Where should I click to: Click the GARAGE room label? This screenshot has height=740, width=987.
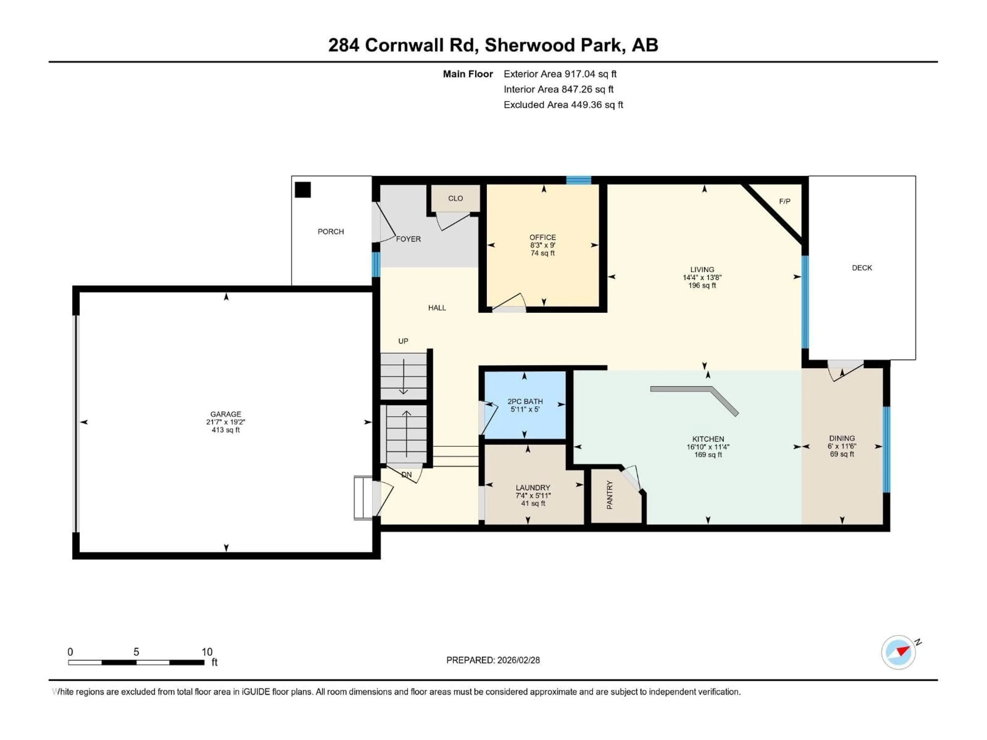pyautogui.click(x=226, y=414)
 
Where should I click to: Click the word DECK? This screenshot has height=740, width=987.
pyautogui.click(x=862, y=268)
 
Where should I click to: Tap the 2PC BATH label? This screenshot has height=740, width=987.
pyautogui.click(x=525, y=401)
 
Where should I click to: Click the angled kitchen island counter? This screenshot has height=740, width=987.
pyautogui.click(x=696, y=395)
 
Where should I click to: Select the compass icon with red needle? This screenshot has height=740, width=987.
pyautogui.click(x=898, y=652)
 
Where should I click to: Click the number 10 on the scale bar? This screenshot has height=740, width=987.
pyautogui.click(x=207, y=652)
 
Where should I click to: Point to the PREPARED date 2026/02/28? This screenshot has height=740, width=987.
pyautogui.click(x=493, y=660)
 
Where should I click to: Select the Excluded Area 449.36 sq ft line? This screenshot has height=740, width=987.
pyautogui.click(x=563, y=105)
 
